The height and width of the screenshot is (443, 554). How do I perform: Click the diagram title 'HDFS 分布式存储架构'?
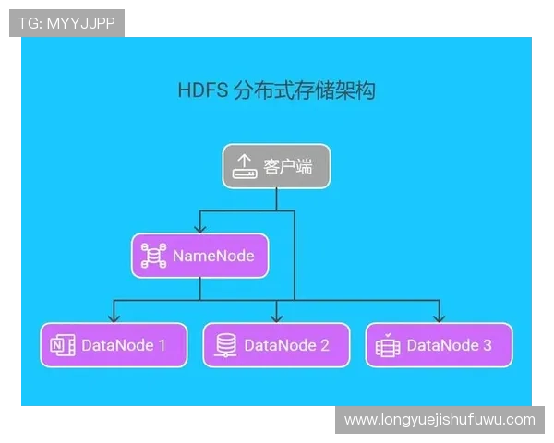(276, 90)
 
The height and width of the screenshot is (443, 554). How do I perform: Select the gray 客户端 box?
(276, 166)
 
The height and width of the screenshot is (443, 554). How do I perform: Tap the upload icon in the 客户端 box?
(245, 167)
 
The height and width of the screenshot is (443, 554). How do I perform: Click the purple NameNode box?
(199, 256)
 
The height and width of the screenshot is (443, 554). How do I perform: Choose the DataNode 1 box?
(114, 345)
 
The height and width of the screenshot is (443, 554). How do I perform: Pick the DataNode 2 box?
(276, 345)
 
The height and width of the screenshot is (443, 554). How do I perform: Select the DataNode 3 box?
(439, 345)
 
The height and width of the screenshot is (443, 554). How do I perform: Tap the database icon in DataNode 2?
(225, 346)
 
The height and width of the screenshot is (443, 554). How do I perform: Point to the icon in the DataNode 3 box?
(388, 346)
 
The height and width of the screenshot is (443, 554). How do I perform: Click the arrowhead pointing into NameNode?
(199, 229)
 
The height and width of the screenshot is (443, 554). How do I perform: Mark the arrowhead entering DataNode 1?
(114, 317)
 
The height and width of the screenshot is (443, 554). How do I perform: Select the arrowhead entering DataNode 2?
(276, 317)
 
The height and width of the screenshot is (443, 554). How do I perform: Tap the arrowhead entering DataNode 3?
(439, 317)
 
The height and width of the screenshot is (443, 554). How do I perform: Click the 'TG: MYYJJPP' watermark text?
(66, 23)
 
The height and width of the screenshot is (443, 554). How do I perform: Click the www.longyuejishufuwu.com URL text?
(440, 419)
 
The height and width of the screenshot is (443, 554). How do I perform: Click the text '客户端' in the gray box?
(287, 167)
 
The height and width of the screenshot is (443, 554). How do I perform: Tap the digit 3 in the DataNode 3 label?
(487, 346)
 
